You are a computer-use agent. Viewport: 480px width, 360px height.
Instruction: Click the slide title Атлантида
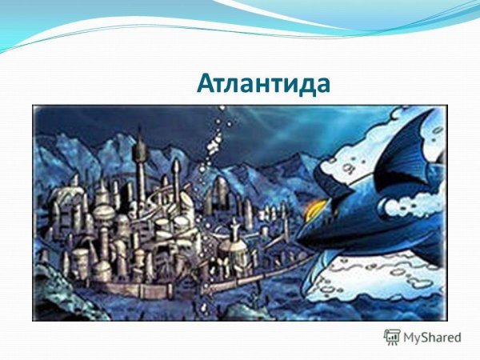pos(263,83)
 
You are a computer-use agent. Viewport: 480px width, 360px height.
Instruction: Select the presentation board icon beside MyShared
pos(392,337)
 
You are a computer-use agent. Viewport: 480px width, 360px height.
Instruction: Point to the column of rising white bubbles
pos(214,144)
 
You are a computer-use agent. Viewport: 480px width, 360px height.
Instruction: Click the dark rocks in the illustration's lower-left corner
pos(56,300)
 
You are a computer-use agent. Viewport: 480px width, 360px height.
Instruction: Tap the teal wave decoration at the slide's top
pos(240,20)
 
